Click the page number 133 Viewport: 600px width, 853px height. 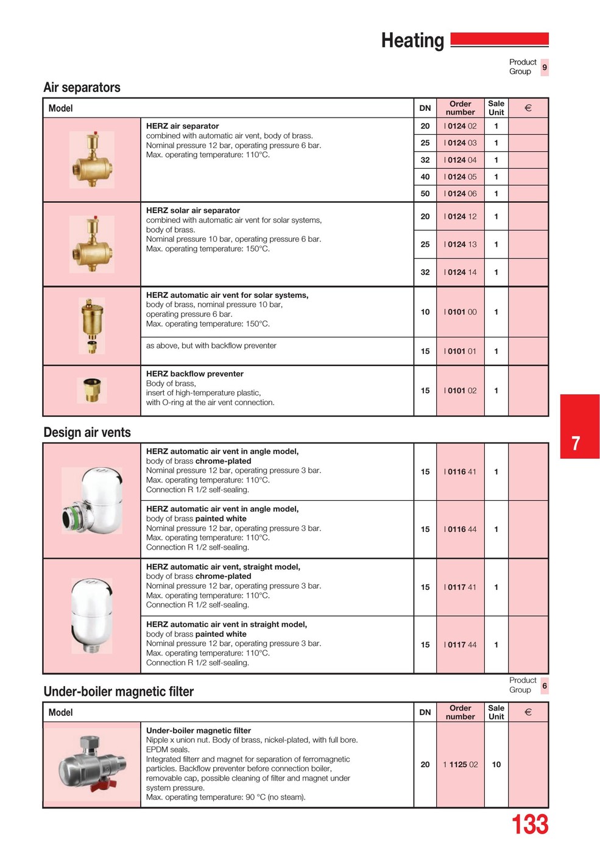click(529, 825)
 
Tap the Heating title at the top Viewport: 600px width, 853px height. click(412, 41)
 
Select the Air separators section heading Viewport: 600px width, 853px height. click(82, 88)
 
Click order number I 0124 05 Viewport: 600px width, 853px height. click(461, 177)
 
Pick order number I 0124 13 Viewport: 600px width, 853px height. click(461, 244)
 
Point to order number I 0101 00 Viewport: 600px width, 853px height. click(461, 312)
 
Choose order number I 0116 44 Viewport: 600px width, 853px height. click(461, 529)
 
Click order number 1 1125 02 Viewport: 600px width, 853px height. click(461, 765)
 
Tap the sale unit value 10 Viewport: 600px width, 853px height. click(496, 765)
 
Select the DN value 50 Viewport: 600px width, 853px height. click(425, 194)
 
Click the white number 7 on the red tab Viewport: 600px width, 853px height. click(576, 443)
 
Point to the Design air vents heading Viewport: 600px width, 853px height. click(87, 433)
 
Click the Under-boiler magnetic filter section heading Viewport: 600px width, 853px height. click(118, 692)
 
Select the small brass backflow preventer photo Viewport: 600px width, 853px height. click(92, 390)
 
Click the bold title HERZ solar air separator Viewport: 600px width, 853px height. click(192, 210)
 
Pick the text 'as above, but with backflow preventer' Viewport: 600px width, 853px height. click(211, 345)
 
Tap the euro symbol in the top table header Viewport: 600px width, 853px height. click(528, 108)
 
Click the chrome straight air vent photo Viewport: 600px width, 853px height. click(91, 615)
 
